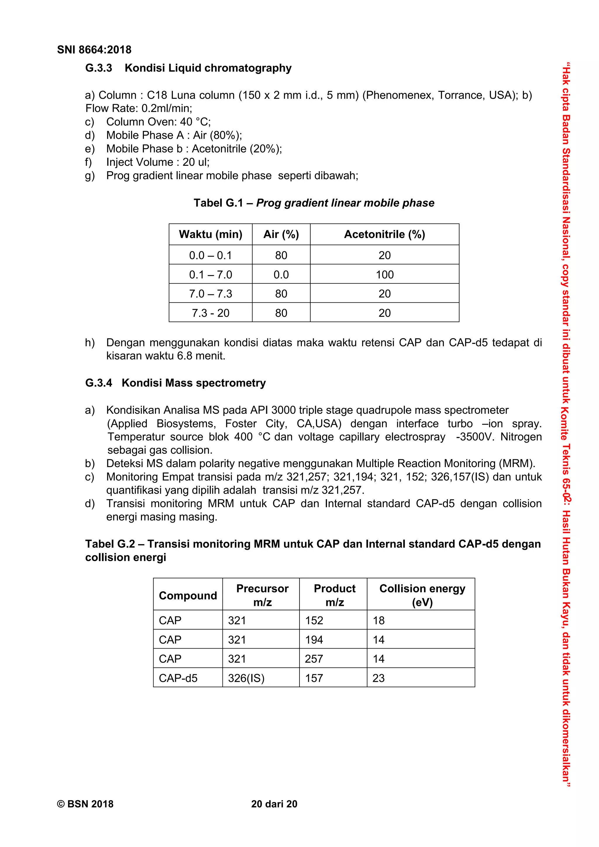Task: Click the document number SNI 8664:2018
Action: [x=94, y=50]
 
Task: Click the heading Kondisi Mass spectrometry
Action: [x=193, y=383]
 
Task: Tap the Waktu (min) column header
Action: [x=210, y=234]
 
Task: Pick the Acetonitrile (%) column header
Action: [x=384, y=234]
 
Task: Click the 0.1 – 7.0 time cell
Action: [x=210, y=274]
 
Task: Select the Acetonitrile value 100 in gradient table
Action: [x=384, y=274]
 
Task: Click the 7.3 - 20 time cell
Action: [x=210, y=313]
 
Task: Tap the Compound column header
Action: [x=187, y=595]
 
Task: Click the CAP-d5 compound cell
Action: [x=178, y=678]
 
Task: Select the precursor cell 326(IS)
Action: [x=246, y=678]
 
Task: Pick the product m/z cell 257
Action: [x=314, y=659]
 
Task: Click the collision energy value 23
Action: [x=379, y=678]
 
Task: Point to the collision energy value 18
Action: [x=379, y=620]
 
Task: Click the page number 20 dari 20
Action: [x=274, y=804]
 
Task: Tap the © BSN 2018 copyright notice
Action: [x=85, y=804]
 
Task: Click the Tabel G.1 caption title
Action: [x=314, y=203]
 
